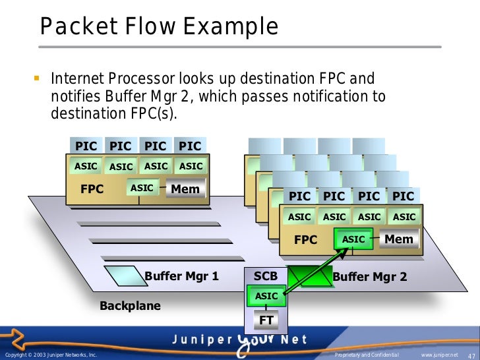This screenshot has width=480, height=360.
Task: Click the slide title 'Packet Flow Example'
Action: tap(159, 28)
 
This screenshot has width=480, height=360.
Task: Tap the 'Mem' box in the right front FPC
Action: tap(398, 239)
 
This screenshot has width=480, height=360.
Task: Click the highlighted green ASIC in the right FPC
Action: tap(354, 239)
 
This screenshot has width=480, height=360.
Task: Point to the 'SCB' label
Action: tap(266, 276)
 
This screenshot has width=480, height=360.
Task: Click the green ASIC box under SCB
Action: tap(266, 297)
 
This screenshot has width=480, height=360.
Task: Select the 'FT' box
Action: tap(266, 320)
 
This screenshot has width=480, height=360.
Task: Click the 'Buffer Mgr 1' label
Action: tap(181, 276)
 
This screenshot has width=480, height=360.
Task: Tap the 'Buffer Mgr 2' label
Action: tap(370, 277)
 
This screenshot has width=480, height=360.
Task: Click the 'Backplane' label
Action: tap(130, 306)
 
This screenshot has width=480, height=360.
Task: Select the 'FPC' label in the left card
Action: tap(92, 189)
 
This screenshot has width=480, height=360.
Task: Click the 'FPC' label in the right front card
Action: tap(305, 240)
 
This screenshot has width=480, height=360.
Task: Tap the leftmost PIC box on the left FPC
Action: tap(86, 146)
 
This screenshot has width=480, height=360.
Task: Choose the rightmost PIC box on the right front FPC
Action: tap(403, 196)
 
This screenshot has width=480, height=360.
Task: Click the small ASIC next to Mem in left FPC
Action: tap(142, 189)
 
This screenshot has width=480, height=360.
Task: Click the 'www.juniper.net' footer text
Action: tap(440, 355)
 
